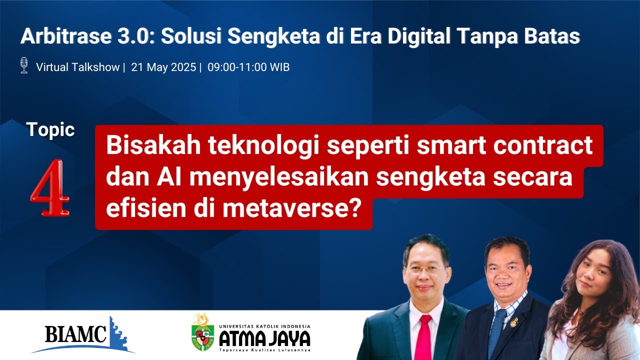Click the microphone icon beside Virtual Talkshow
[23, 65]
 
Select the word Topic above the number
[51, 130]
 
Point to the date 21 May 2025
[163, 67]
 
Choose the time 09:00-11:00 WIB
[248, 67]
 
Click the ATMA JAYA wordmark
[265, 338]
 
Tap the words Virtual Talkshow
[77, 67]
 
